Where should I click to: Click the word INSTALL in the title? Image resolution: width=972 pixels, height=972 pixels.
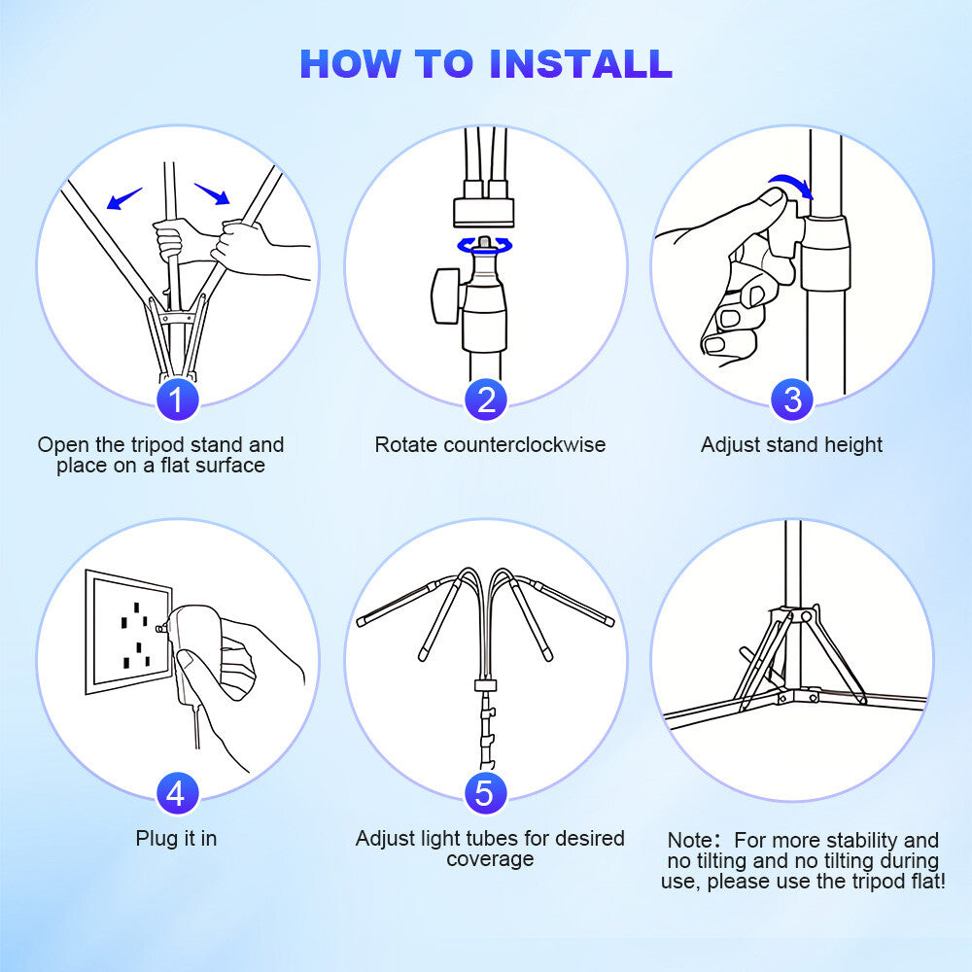(x=580, y=64)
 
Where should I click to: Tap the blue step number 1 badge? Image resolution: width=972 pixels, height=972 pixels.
(x=177, y=399)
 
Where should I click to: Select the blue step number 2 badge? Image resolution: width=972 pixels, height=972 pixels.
(x=486, y=399)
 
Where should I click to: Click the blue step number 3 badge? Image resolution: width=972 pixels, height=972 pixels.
(x=791, y=399)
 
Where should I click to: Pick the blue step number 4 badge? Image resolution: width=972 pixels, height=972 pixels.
(x=177, y=793)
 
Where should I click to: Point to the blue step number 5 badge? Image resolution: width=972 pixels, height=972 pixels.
(x=486, y=793)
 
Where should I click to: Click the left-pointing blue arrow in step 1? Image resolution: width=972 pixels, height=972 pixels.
(x=124, y=198)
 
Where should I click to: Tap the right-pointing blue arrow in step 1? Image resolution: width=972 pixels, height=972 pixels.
(x=212, y=193)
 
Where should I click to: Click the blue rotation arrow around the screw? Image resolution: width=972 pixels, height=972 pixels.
(x=485, y=246)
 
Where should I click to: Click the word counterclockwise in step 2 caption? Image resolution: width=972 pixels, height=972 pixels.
(x=525, y=444)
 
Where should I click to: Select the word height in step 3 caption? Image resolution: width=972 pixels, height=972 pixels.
(x=853, y=445)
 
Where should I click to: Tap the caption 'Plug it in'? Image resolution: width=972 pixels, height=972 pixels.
(x=177, y=839)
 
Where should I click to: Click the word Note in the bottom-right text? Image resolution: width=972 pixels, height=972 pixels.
(x=690, y=840)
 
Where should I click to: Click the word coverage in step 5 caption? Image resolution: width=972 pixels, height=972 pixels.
(x=490, y=859)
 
